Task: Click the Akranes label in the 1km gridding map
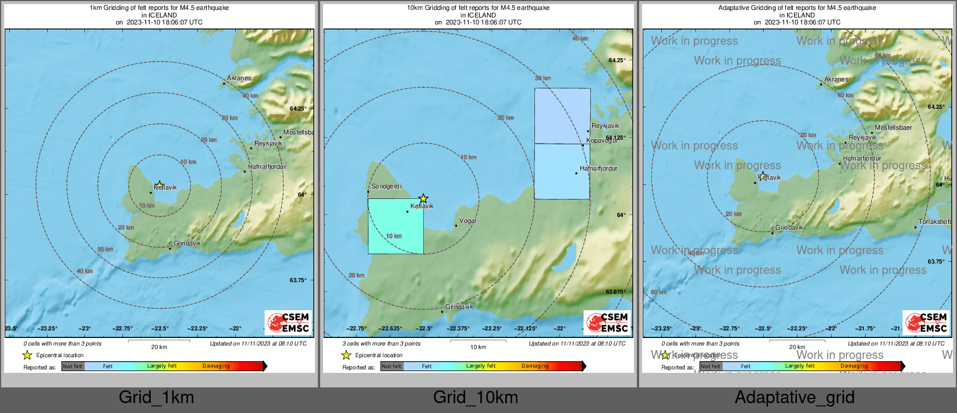(x=239, y=78)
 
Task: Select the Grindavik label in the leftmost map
(x=187, y=243)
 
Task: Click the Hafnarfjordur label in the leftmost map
(x=267, y=166)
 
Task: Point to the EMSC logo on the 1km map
(x=289, y=322)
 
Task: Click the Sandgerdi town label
(x=386, y=187)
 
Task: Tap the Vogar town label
(x=468, y=221)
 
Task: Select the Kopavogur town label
(x=602, y=141)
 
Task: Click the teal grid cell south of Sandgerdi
(x=396, y=226)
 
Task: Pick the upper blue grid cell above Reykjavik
(x=562, y=116)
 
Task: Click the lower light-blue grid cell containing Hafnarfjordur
(x=562, y=172)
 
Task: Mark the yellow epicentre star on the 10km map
(x=423, y=198)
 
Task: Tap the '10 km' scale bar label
(x=478, y=347)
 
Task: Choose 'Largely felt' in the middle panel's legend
(x=481, y=366)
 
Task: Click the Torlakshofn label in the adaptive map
(x=935, y=222)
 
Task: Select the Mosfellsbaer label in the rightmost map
(x=893, y=128)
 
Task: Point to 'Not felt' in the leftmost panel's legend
(x=73, y=366)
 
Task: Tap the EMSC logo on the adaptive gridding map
(x=926, y=322)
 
